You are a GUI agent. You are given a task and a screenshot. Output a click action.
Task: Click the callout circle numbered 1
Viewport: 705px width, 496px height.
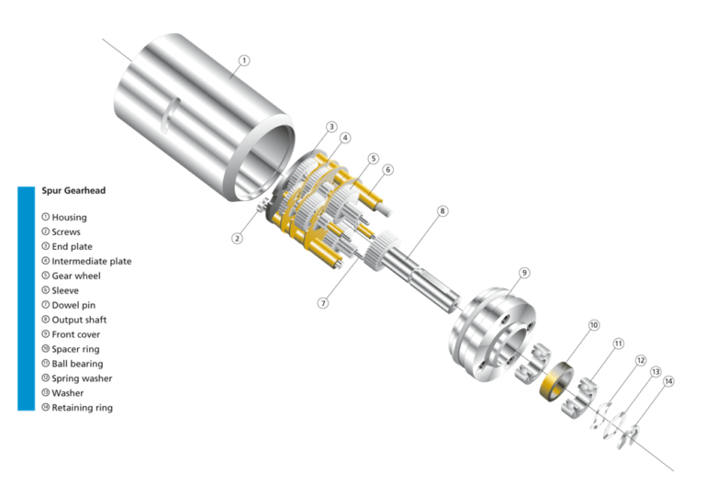243,61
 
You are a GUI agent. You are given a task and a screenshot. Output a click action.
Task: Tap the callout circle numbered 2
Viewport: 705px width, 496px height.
237,238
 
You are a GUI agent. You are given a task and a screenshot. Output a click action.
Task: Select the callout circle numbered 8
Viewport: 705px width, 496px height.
442,210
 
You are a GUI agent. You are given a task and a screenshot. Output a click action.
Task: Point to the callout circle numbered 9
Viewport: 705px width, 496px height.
524,272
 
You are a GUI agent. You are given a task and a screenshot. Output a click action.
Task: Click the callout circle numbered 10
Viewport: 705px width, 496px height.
593,325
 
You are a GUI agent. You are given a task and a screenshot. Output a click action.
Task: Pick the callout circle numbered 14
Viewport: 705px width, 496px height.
668,380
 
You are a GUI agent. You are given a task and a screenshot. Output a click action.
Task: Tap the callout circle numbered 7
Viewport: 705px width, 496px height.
323,302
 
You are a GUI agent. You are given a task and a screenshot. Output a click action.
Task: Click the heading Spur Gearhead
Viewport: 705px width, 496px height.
73,191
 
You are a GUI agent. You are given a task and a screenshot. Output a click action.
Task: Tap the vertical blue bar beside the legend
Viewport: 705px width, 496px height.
26,298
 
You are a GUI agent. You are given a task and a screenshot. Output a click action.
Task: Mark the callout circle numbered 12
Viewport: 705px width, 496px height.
641,361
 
